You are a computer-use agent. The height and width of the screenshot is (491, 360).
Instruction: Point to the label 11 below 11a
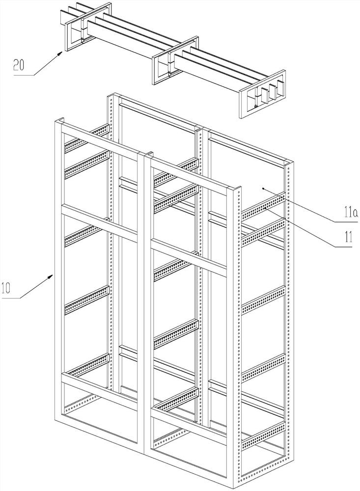click(x=348, y=237)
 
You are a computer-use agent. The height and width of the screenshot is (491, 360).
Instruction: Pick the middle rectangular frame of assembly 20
click(x=175, y=61)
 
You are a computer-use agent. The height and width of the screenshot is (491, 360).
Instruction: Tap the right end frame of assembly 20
click(x=263, y=94)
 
